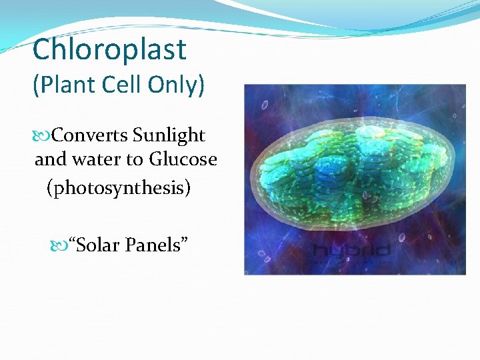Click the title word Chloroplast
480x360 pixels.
[109, 50]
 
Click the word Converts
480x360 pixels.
[90, 135]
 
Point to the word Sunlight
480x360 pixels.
[169, 135]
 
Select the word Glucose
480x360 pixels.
[183, 160]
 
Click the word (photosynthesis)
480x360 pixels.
[119, 188]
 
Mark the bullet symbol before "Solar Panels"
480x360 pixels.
[59, 246]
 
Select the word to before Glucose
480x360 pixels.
[137, 160]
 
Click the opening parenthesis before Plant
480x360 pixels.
[35, 86]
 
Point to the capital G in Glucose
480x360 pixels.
[156, 160]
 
